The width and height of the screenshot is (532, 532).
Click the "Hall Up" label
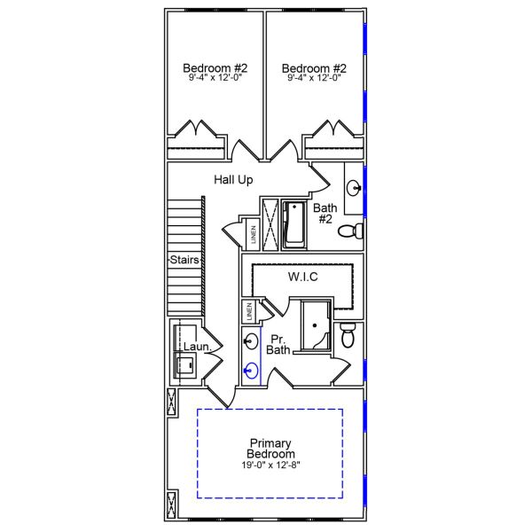tap(233, 180)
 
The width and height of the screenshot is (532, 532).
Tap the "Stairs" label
tap(184, 260)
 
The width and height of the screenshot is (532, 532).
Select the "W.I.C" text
tap(302, 278)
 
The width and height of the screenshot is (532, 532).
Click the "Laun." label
tap(196, 348)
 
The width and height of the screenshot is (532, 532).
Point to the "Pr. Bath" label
tap(278, 344)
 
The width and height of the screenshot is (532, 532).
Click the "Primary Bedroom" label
tap(271, 449)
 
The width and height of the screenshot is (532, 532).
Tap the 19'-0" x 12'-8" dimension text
tap(271, 465)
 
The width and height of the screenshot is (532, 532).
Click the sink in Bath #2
tap(354, 188)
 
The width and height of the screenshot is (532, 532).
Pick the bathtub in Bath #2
tap(293, 223)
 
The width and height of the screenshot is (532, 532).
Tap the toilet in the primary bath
tap(348, 336)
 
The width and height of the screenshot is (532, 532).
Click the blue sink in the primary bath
tap(252, 372)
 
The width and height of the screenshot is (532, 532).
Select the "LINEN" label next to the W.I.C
tap(249, 312)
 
